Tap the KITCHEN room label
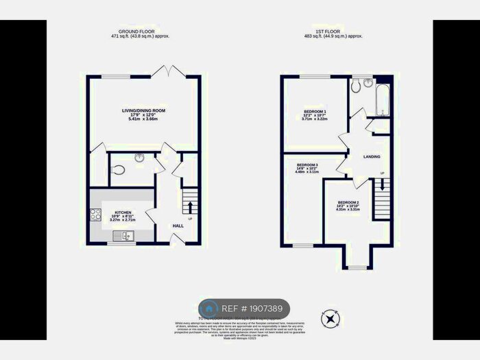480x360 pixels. point(123,213)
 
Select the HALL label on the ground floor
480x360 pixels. point(178,226)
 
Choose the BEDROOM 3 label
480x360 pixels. point(307,165)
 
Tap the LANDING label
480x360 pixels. point(372,156)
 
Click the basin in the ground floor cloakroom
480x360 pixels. point(140,157)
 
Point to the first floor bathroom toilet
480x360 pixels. point(355,86)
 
